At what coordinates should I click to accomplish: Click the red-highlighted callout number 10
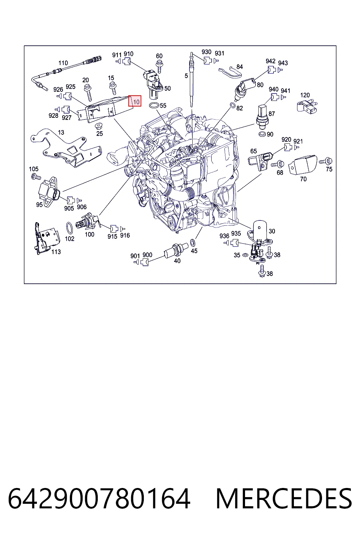pyautogui.click(x=136, y=102)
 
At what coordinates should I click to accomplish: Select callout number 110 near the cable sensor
pyautogui.click(x=63, y=63)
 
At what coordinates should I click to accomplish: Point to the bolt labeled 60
pyautogui.click(x=160, y=66)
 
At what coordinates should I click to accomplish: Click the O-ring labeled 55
pyautogui.click(x=154, y=105)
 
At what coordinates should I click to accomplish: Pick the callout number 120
pyautogui.click(x=305, y=95)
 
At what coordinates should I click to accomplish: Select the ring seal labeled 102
pyautogui.click(x=70, y=228)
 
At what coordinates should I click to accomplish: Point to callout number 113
pyautogui.click(x=56, y=252)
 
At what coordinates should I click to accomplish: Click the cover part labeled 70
pyautogui.click(x=303, y=165)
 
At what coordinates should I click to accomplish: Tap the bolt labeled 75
pyautogui.click(x=326, y=161)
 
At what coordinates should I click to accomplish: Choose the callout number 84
pyautogui.click(x=239, y=66)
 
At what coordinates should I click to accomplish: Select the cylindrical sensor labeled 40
pyautogui.click(x=176, y=251)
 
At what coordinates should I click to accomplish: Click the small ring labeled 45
pyautogui.click(x=193, y=243)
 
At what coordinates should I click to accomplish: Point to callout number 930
pyautogui.click(x=206, y=52)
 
